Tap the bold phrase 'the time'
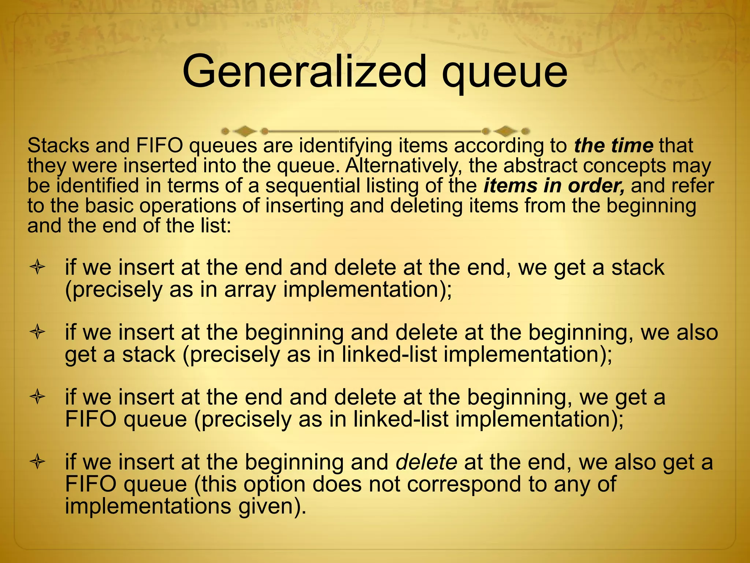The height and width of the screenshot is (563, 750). coord(614,146)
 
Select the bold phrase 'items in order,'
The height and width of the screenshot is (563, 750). coord(554,185)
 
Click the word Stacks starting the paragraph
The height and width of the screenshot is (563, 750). coord(58,146)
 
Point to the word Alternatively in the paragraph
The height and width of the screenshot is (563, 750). coord(403,166)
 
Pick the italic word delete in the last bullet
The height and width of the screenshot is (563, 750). coord(426,462)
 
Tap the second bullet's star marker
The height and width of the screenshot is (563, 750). coord(37,332)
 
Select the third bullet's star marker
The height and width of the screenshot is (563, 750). coord(37,397)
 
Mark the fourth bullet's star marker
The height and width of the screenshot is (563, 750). coord(37,462)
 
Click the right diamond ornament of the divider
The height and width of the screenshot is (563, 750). coord(506,131)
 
